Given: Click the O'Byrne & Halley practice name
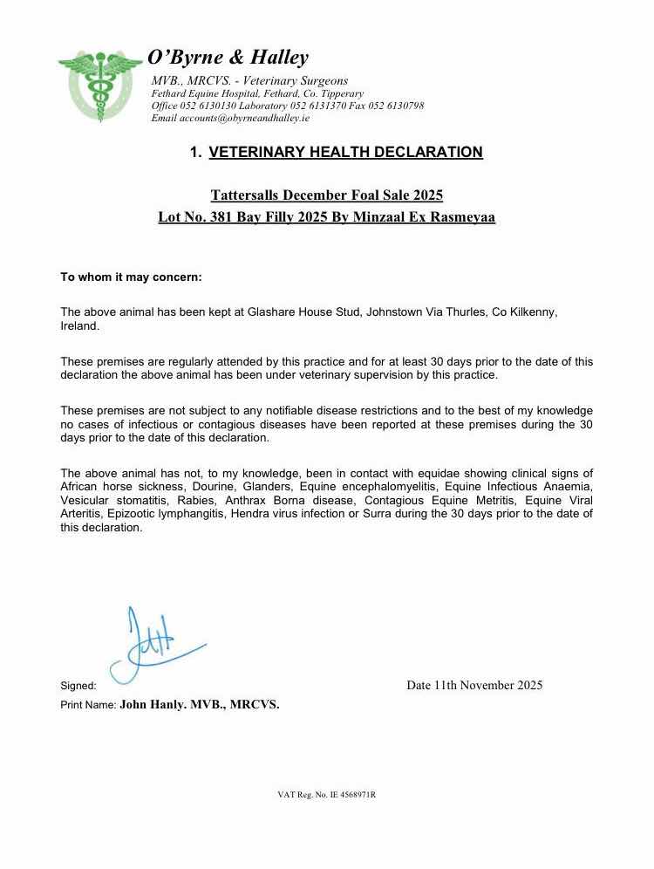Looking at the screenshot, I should coord(228,58).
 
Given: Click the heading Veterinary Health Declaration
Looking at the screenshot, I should coord(345,153).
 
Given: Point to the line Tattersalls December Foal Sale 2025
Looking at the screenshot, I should coord(327,195).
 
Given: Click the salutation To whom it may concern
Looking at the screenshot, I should coord(131,277).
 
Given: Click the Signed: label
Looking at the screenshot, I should coord(78,686).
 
